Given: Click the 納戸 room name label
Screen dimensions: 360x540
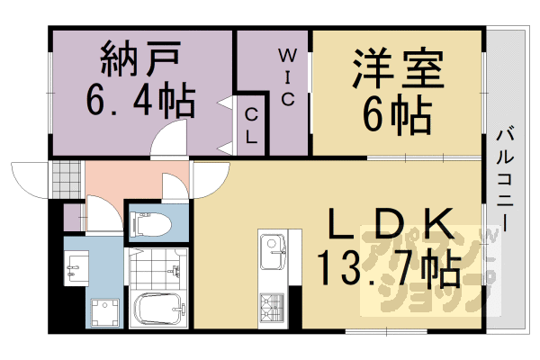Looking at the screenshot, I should tap(140, 62).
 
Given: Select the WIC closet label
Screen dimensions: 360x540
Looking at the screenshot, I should tap(285, 76).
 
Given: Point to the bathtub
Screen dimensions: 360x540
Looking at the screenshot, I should tap(158, 311).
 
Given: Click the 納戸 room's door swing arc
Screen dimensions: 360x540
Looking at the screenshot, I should tap(169, 140).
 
